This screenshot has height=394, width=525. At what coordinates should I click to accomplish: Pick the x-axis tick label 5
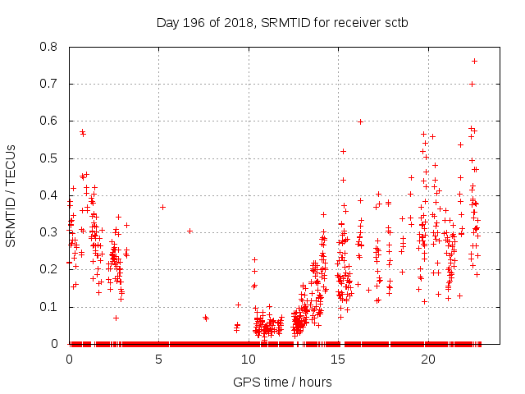tap(158, 360)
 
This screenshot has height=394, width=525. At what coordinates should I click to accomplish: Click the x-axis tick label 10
tap(249, 360)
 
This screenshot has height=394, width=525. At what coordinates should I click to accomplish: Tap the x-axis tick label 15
tap(338, 360)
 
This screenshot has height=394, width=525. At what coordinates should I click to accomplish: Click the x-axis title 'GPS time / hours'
tap(282, 382)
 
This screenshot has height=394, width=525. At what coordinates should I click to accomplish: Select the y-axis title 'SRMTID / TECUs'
tap(11, 195)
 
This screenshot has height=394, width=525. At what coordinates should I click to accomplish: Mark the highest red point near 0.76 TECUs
tap(474, 61)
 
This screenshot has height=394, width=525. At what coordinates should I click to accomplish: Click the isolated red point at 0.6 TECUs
tap(360, 121)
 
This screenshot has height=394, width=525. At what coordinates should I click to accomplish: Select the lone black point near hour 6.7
tap(189, 231)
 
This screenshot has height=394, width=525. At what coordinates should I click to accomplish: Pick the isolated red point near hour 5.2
tap(162, 207)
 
